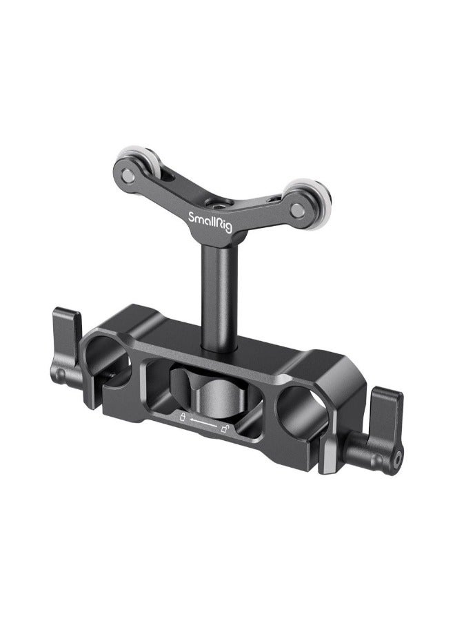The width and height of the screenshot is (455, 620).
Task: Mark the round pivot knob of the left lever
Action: [x=61, y=375]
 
